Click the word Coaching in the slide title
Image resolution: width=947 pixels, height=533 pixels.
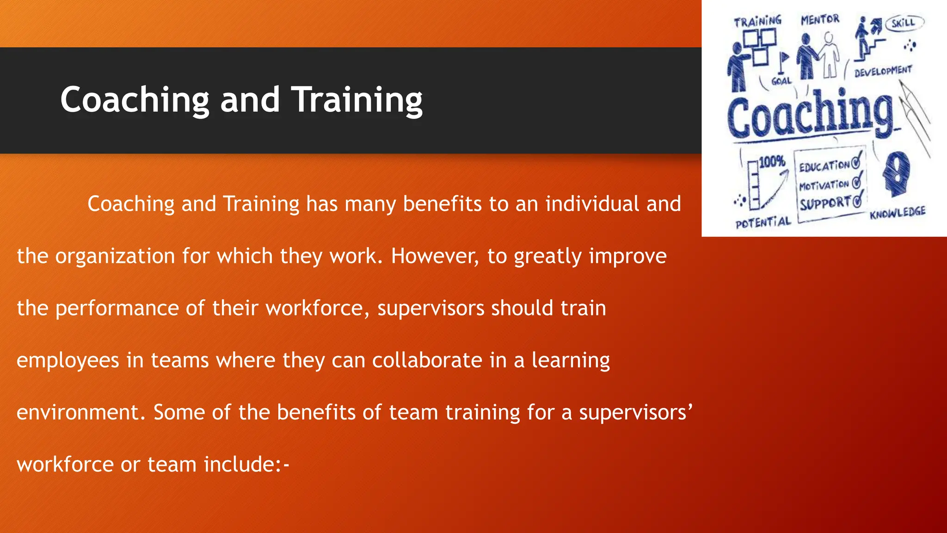[x=135, y=100]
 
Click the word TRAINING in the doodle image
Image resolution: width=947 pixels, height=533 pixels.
[x=757, y=21]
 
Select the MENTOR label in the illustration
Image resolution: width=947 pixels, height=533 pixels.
[x=820, y=19]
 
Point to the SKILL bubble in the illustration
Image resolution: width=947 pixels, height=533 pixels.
[x=904, y=23]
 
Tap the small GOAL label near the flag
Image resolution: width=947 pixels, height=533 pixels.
[x=781, y=81]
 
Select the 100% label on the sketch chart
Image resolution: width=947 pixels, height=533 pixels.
[x=772, y=161]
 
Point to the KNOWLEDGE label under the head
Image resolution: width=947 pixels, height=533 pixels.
[x=897, y=213]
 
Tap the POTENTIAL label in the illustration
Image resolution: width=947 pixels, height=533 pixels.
[x=763, y=223]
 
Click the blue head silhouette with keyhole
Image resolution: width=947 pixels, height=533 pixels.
[x=896, y=174]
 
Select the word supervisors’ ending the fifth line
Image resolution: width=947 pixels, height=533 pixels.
[x=636, y=412]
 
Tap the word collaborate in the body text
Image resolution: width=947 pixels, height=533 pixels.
[x=427, y=360]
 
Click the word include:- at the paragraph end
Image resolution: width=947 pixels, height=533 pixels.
[x=246, y=464]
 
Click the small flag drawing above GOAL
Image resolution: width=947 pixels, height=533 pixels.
[x=783, y=60]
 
